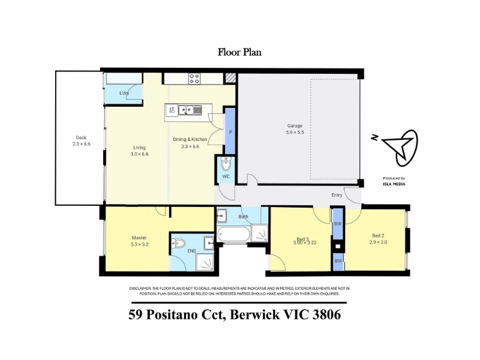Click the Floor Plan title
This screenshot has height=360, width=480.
tap(239, 52)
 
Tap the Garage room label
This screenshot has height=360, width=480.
tap(295, 126)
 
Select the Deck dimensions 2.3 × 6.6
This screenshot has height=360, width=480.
tap(82, 144)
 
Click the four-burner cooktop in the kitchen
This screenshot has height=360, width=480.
tap(194, 79)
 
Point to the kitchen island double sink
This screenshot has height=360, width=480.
tap(190, 110)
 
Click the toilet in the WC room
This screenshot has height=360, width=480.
tap(226, 164)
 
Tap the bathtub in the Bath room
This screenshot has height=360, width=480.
tap(233, 234)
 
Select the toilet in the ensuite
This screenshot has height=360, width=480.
tap(179, 244)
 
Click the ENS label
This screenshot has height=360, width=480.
tap(191, 251)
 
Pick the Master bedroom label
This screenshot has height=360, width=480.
tap(139, 238)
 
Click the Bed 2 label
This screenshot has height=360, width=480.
tap(378, 236)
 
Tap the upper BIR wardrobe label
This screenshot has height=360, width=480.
tap(338, 224)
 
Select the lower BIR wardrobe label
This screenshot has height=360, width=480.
tap(338, 261)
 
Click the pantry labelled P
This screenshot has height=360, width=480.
tap(230, 132)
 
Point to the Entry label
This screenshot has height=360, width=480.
tap(337, 196)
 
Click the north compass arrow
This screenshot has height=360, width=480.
tap(398, 146)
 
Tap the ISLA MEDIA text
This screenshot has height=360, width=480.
tap(394, 184)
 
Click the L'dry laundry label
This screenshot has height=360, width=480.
tap(124, 93)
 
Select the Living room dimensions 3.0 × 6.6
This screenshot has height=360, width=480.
tap(139, 154)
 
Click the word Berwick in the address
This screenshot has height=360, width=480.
tap(254, 314)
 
